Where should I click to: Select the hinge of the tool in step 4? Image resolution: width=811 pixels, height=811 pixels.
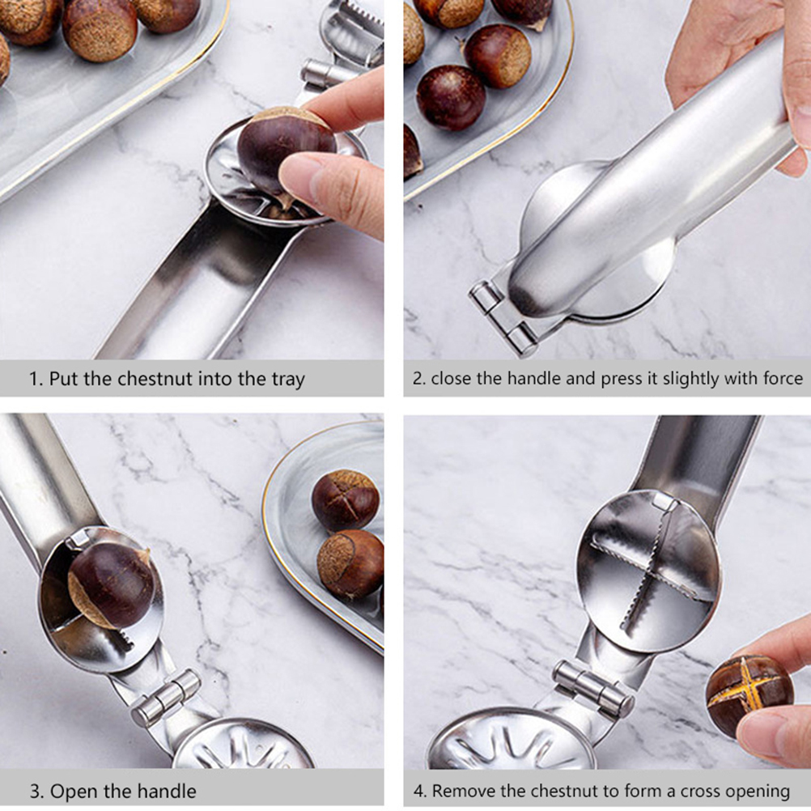(x=594, y=689)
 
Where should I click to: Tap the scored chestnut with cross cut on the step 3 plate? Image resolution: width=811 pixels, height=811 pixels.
(x=345, y=500)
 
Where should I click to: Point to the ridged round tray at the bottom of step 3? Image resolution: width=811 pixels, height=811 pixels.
(x=243, y=745)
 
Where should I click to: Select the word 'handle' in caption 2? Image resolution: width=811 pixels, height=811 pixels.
(x=533, y=379)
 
